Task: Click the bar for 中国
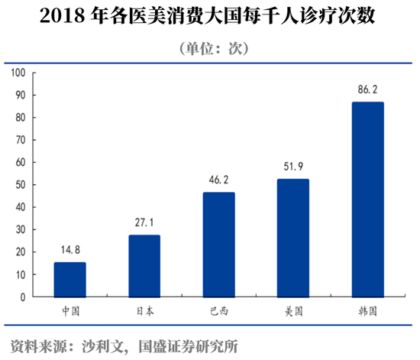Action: [x=69, y=280]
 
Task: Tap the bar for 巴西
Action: [x=218, y=245]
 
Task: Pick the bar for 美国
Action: [x=293, y=238]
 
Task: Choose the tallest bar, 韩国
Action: [x=367, y=199]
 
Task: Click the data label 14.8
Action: [x=69, y=249]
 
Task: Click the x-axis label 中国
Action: [x=69, y=311]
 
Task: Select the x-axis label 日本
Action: [x=144, y=311]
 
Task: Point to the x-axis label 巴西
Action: [x=218, y=311]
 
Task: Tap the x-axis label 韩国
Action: [x=367, y=311]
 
